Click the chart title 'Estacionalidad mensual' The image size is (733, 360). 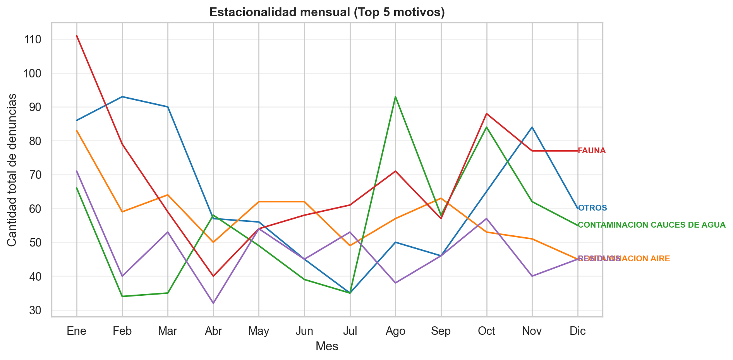(x=327, y=12)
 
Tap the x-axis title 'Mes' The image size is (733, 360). (x=327, y=346)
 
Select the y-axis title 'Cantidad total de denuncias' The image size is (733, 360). (x=12, y=170)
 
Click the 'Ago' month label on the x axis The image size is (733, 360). (x=395, y=331)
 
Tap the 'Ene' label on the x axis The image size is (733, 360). (x=77, y=331)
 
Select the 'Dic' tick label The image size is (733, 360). (x=578, y=331)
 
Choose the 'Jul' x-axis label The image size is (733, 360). (x=350, y=331)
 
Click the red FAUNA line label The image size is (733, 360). (x=592, y=151)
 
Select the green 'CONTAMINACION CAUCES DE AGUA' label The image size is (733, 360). (x=652, y=225)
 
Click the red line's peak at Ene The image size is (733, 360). (x=77, y=36)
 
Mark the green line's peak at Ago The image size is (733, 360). (x=395, y=97)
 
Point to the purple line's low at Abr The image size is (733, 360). (x=213, y=303)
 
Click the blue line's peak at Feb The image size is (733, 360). (x=122, y=97)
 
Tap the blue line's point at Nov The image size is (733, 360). (x=532, y=127)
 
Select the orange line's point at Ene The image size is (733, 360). (x=77, y=131)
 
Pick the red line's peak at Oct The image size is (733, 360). (x=487, y=114)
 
